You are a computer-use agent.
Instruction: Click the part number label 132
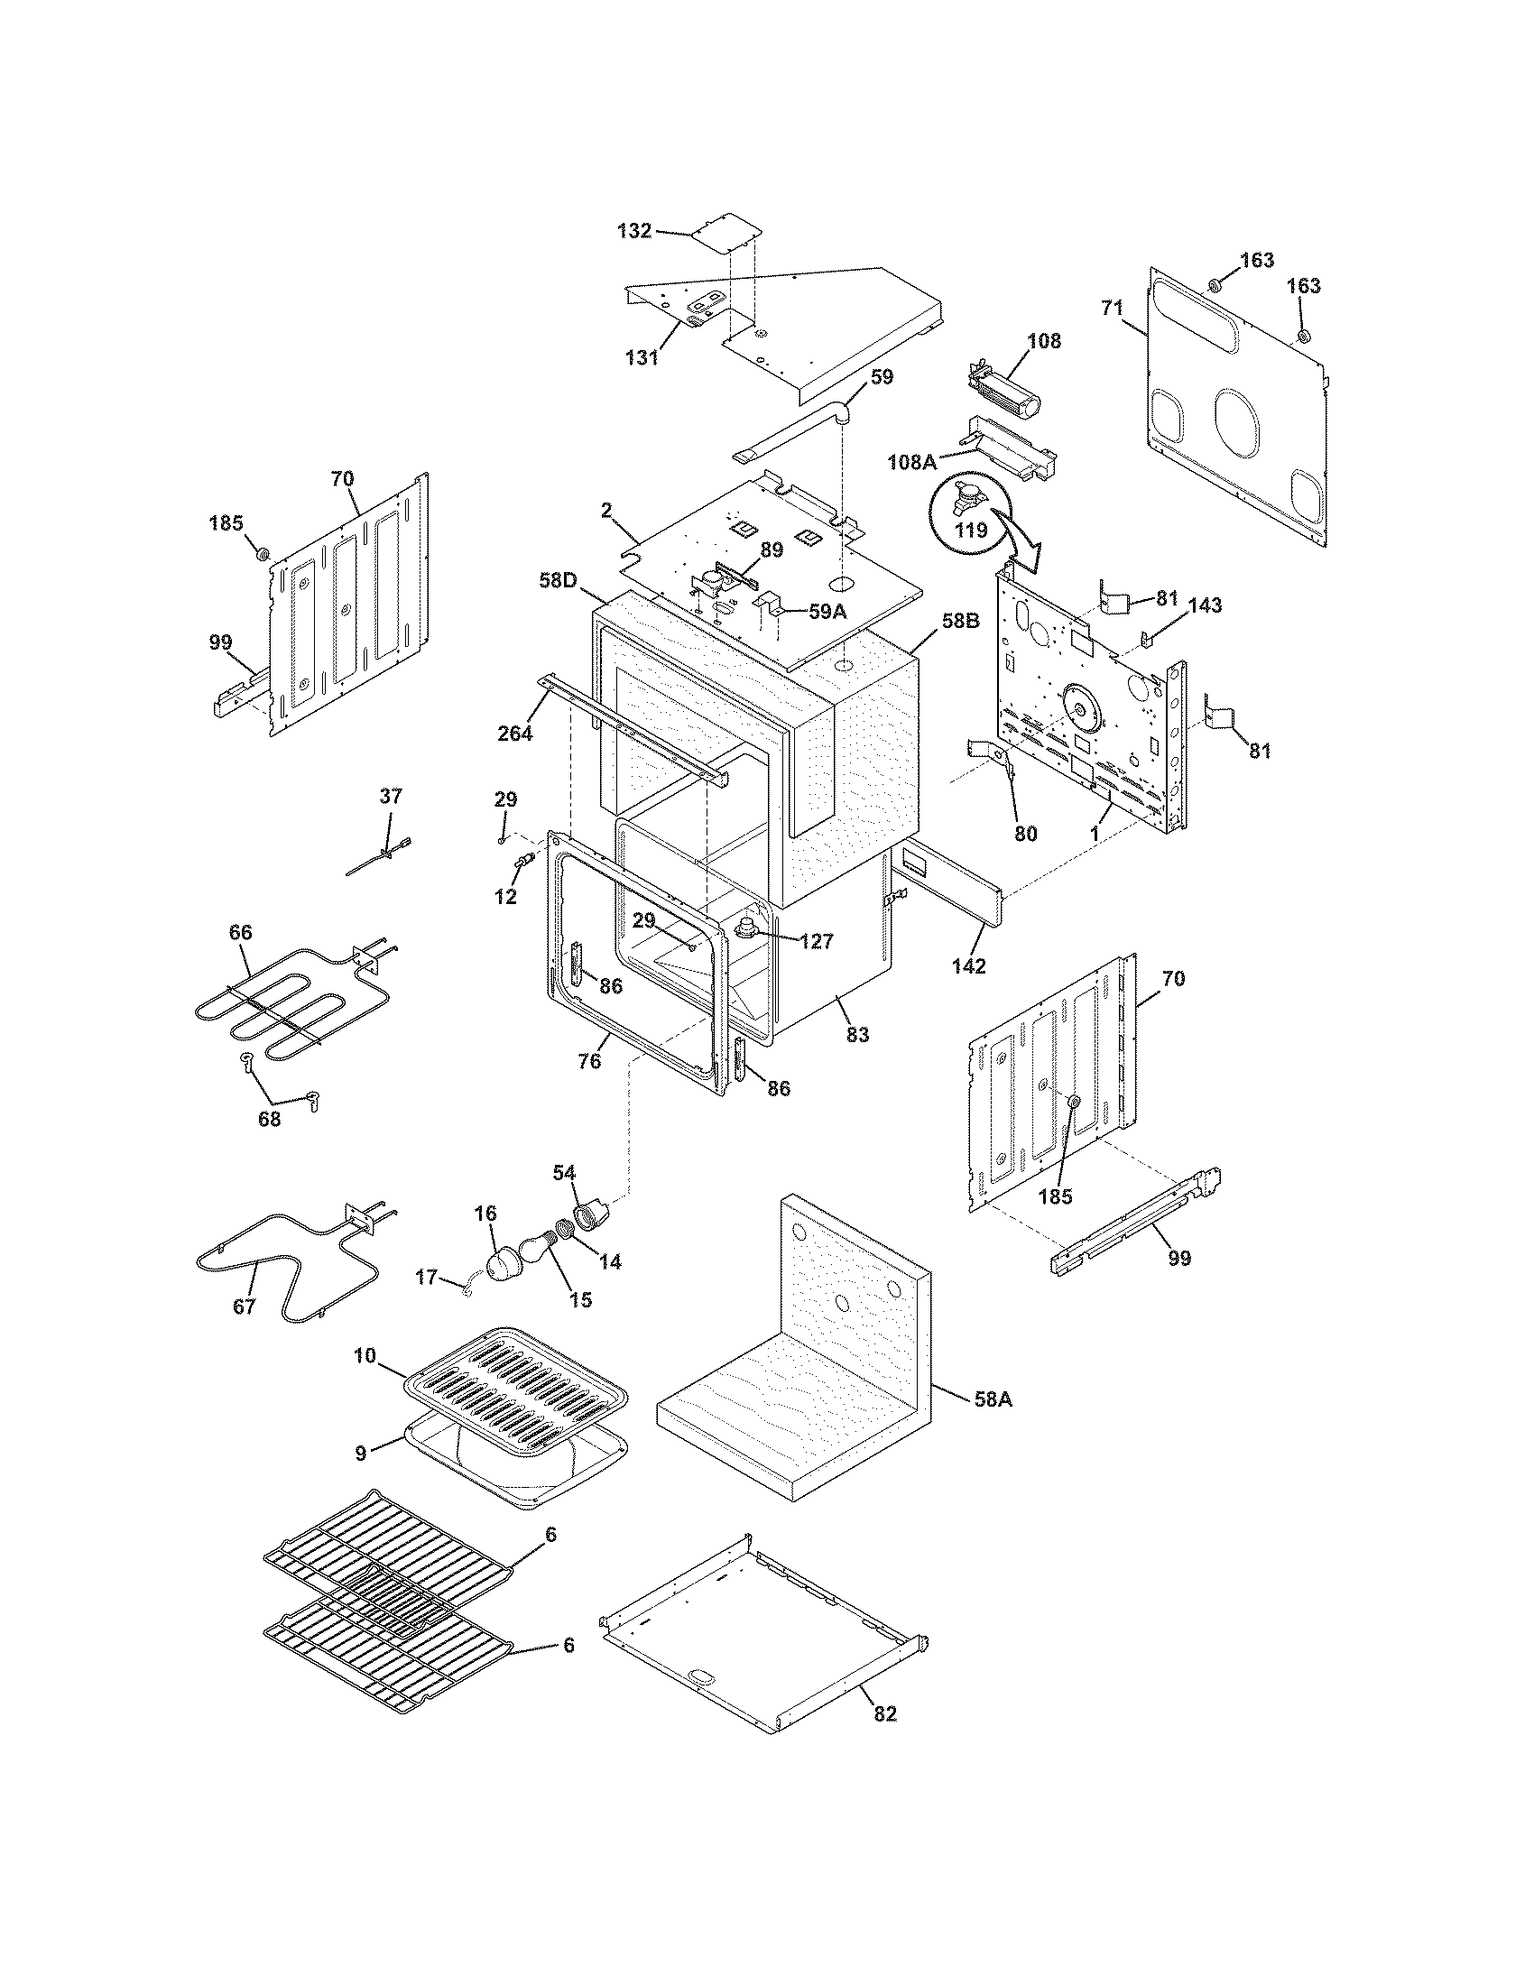pos(634,231)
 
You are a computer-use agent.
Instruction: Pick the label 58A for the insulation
pos(993,1399)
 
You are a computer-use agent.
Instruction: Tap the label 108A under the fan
pos(911,462)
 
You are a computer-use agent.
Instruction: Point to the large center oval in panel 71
pos(1239,421)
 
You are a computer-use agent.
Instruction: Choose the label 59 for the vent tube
pos(882,376)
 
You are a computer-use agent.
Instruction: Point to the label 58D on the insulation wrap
pos(558,580)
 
